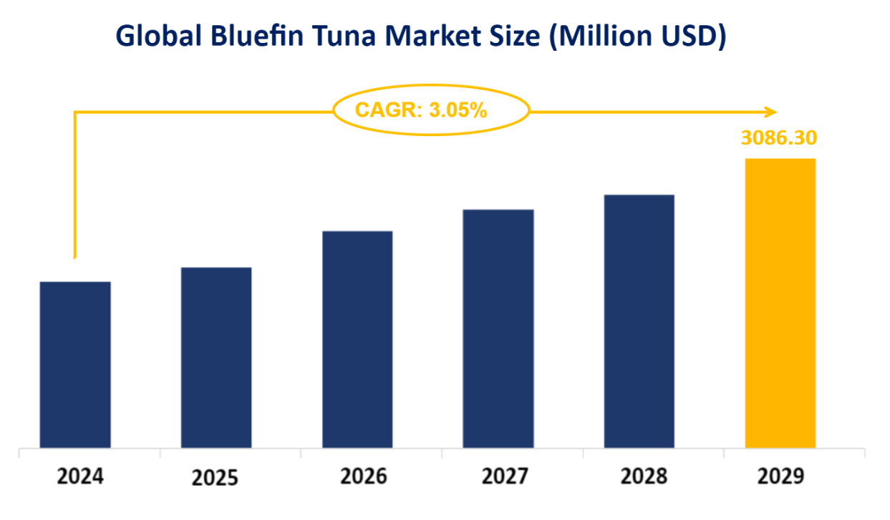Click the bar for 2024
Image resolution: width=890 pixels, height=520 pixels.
coord(75,365)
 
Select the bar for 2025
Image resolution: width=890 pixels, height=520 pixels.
coord(216,358)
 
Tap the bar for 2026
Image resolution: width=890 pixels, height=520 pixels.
coord(357,340)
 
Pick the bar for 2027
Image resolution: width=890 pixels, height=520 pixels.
coord(498,329)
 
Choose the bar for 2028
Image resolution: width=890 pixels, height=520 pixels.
coord(639,322)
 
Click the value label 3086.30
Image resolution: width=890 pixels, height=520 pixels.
coord(778,138)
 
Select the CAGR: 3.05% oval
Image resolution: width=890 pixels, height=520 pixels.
coord(432,110)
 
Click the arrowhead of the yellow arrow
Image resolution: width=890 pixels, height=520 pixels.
coord(771,112)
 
